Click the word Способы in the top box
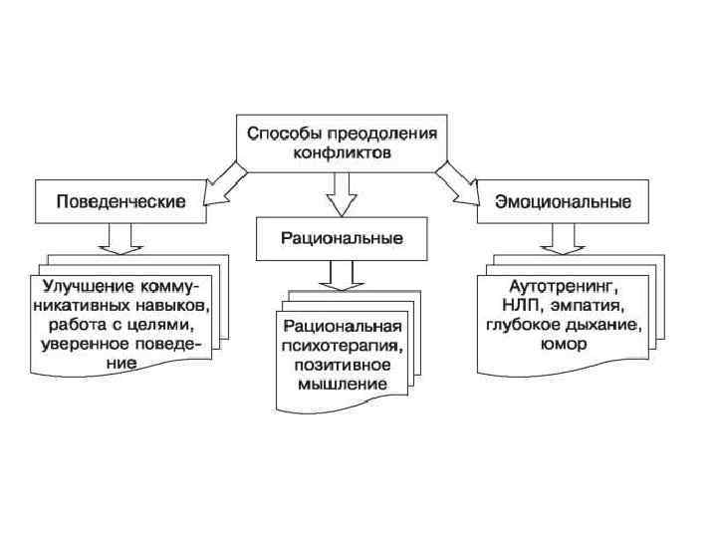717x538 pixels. (x=283, y=133)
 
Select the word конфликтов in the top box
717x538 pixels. (x=343, y=152)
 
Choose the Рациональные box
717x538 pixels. (x=342, y=239)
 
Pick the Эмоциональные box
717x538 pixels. (x=562, y=201)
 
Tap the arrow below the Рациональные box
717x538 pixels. (x=342, y=274)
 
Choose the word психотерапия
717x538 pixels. (x=341, y=347)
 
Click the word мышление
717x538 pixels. (x=343, y=385)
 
